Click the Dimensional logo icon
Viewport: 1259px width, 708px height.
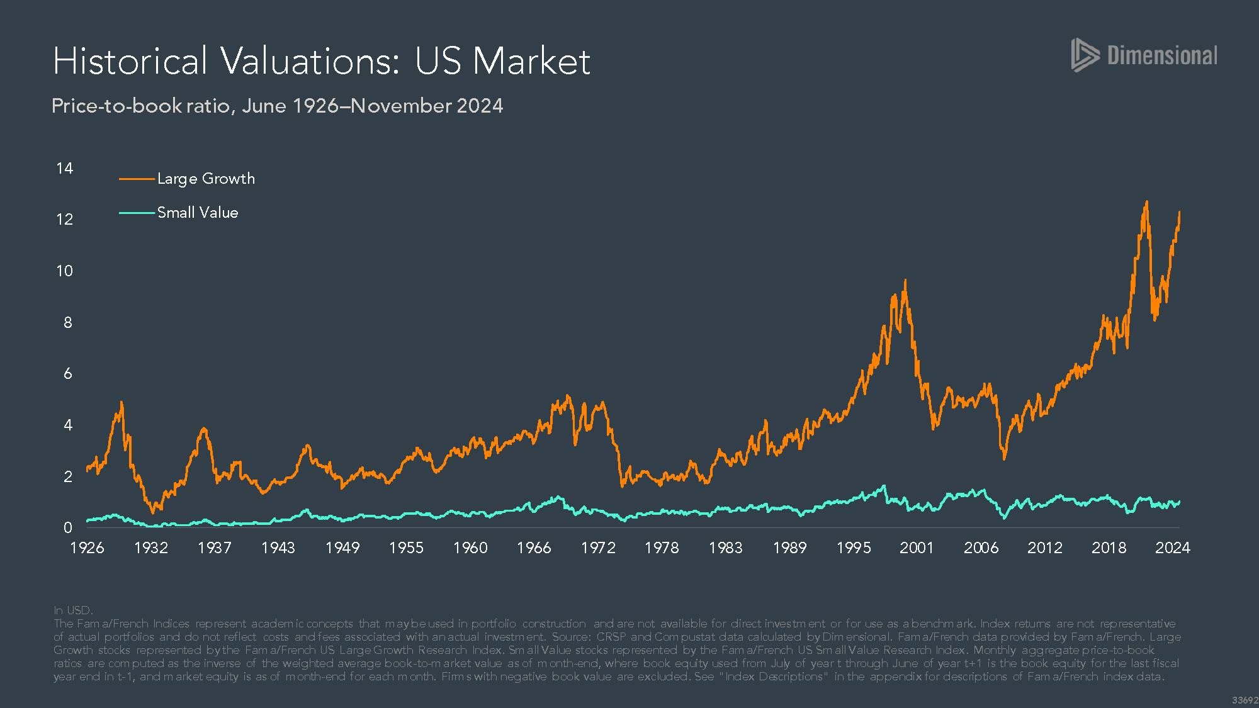coord(1085,55)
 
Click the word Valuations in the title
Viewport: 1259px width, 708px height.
coord(310,62)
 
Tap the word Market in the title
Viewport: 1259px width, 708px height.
coord(531,62)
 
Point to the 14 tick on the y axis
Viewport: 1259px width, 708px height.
coord(64,169)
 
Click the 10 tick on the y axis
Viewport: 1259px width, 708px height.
coord(64,271)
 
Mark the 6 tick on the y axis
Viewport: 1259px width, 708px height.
coord(67,374)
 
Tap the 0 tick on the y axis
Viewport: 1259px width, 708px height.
coord(67,528)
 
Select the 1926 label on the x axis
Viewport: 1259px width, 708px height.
coord(87,548)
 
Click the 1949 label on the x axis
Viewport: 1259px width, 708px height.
coord(342,548)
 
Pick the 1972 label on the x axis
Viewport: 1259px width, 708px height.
coord(598,548)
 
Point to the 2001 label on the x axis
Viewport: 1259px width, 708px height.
coord(917,548)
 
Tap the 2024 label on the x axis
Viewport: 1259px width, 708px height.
coord(1172,548)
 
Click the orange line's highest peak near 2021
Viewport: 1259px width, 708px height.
coord(1146,202)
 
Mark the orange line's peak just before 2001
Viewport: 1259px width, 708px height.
coord(905,281)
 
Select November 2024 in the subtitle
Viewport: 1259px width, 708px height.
coord(427,106)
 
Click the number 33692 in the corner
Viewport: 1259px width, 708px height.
coord(1245,700)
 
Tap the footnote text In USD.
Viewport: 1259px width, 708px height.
coord(73,610)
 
